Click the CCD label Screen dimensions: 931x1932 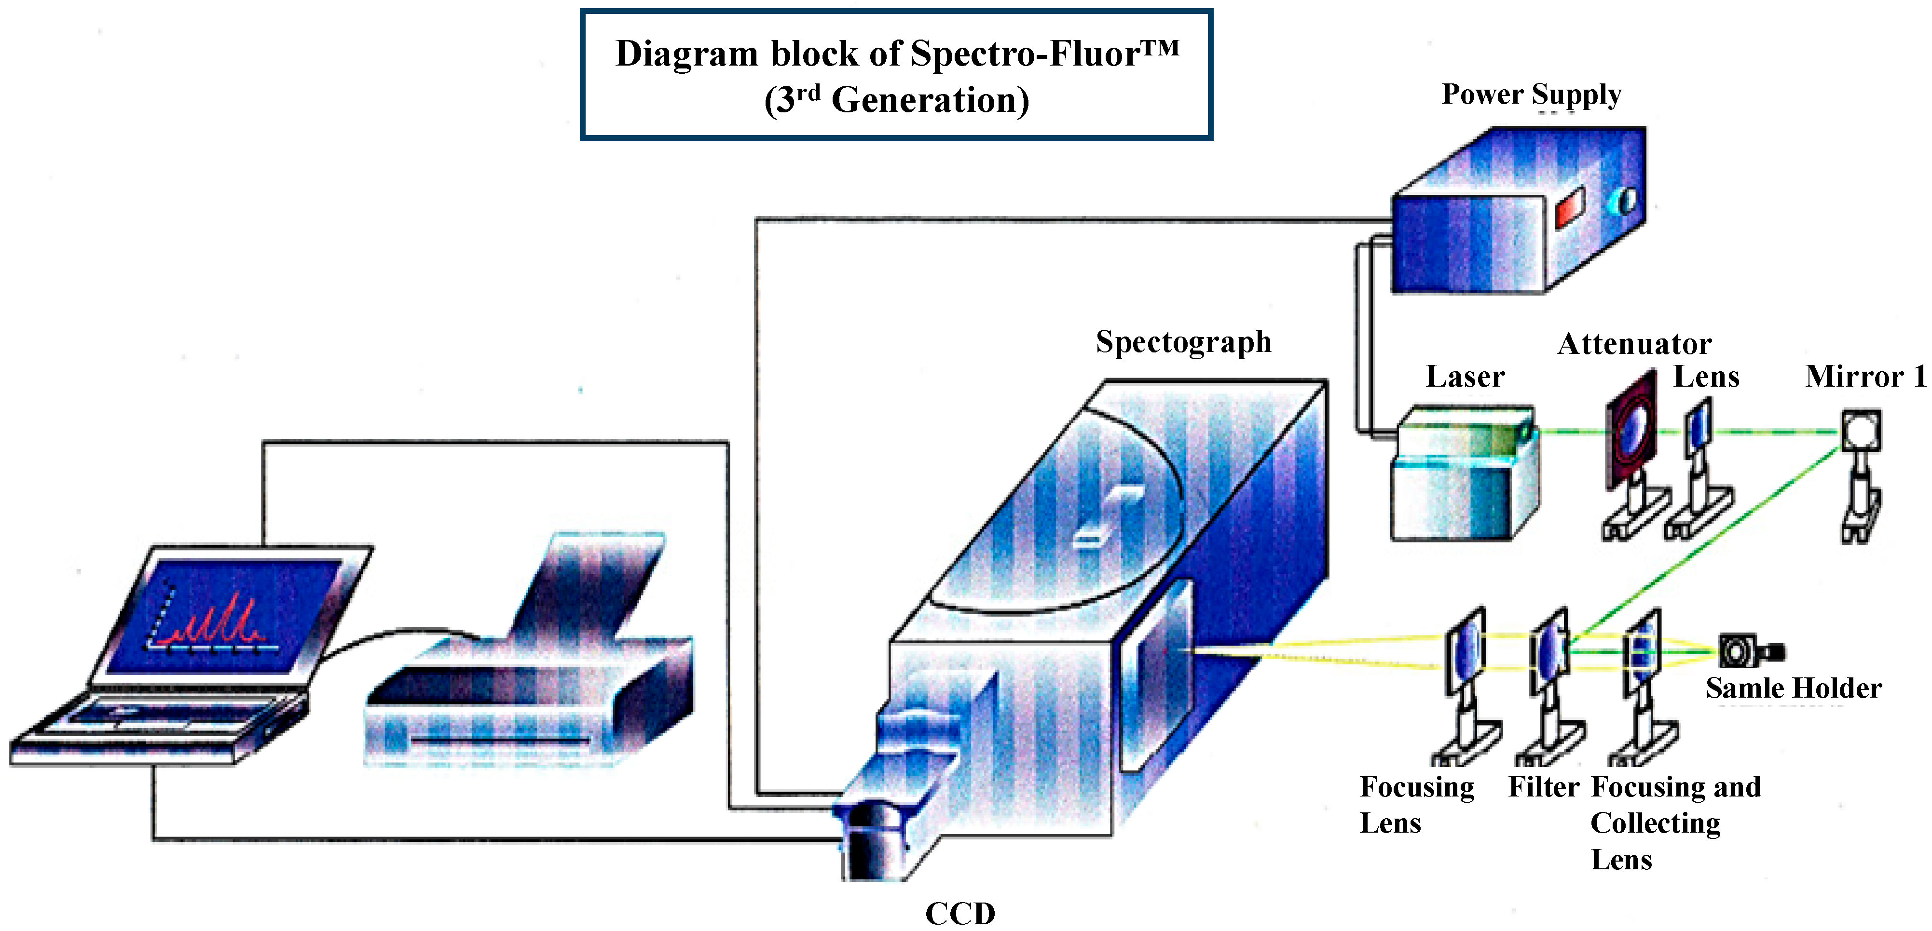pyautogui.click(x=959, y=913)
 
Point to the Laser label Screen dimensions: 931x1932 pyautogui.click(x=1465, y=376)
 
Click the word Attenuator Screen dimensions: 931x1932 pyautogui.click(x=1634, y=344)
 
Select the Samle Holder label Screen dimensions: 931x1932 pyautogui.click(x=1793, y=688)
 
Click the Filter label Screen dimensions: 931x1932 pyautogui.click(x=1544, y=787)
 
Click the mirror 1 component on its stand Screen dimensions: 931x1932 pyautogui.click(x=1861, y=431)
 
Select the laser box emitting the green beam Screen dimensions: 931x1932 pyautogui.click(x=1463, y=472)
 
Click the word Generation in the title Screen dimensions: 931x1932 pyautogui.click(x=930, y=100)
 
